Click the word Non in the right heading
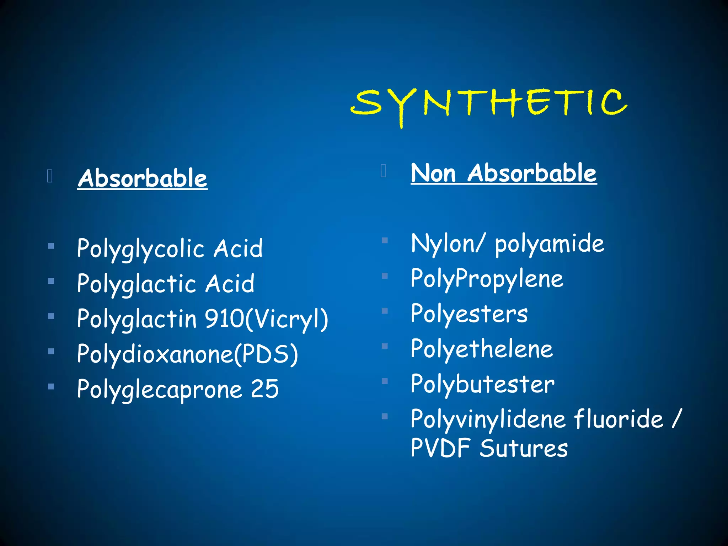(433, 173)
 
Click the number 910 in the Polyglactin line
(224, 319)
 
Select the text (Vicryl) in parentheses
(287, 319)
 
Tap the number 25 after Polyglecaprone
(265, 389)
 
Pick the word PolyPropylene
(487, 279)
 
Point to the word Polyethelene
(482, 349)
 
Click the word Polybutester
(482, 384)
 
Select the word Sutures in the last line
(524, 448)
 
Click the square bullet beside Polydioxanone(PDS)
(51, 352)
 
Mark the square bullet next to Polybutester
(385, 381)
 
